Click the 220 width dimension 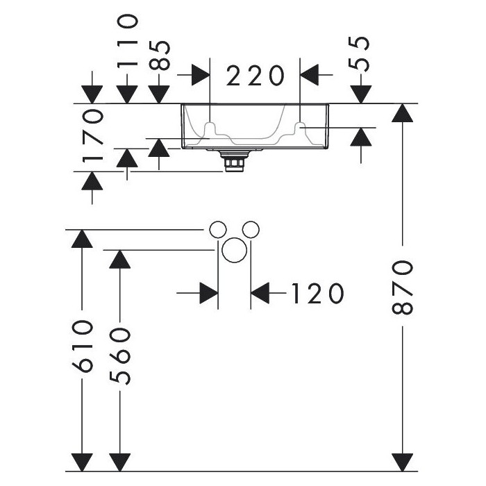point(255,75)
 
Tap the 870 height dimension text point(403,287)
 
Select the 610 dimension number point(83,346)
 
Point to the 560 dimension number point(120,357)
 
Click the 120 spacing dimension point(317,293)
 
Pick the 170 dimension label point(92,135)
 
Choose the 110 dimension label point(127,40)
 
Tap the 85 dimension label point(159,56)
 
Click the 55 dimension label point(359,54)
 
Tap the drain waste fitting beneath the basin point(234,160)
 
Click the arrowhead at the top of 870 point(402,112)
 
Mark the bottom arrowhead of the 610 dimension point(82,462)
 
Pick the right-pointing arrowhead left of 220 point(201,75)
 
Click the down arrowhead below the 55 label point(361,94)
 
